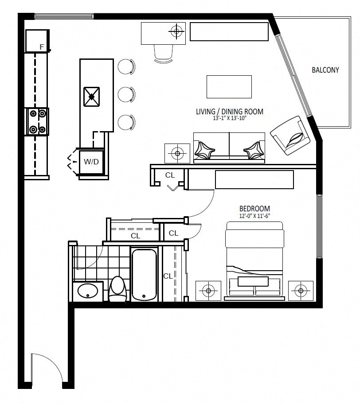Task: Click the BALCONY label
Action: coord(325,70)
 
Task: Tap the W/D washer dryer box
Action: coord(91,162)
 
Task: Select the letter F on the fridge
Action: coord(42,47)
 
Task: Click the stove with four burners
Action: coord(37,121)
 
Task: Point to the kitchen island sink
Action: coord(91,97)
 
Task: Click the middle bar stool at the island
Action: coord(126,94)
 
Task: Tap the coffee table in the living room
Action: coord(229,86)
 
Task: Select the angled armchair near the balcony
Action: coord(290,135)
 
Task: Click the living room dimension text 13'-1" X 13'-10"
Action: coord(230,119)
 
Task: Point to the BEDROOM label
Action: coord(254,209)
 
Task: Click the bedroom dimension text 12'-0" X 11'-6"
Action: coord(254,216)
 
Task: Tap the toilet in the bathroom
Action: coord(117,289)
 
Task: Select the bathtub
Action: coord(144,274)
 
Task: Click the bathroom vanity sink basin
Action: coord(88,291)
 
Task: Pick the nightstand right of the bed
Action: coord(301,291)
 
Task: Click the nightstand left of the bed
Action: coord(208,291)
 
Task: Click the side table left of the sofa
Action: coord(177,154)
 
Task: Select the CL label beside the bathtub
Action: coord(168,276)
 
